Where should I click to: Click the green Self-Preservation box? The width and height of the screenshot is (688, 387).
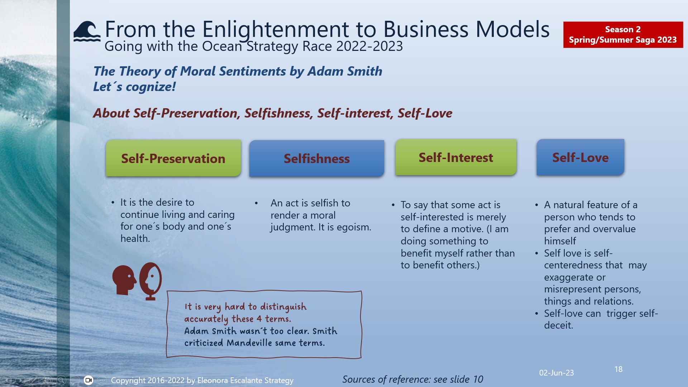point(173,158)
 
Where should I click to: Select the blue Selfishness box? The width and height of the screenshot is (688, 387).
point(316,158)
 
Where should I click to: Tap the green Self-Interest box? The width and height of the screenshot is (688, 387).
point(456,157)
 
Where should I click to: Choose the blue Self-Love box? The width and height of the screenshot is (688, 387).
point(580,157)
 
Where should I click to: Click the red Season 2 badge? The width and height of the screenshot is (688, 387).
point(623,34)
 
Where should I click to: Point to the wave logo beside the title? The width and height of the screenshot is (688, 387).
point(87,32)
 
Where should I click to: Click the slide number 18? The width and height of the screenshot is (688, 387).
point(618,369)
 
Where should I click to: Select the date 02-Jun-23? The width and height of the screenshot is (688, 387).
point(556,373)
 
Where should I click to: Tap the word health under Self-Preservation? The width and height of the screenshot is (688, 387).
point(135,239)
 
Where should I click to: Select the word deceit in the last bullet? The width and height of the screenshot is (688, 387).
point(558,325)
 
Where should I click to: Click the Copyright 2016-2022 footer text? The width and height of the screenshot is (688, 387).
point(202,380)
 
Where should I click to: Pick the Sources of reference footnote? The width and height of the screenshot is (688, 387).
point(412,379)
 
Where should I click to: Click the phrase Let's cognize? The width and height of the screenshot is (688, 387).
point(134,87)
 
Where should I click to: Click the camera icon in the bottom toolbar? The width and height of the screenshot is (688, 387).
point(89,380)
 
